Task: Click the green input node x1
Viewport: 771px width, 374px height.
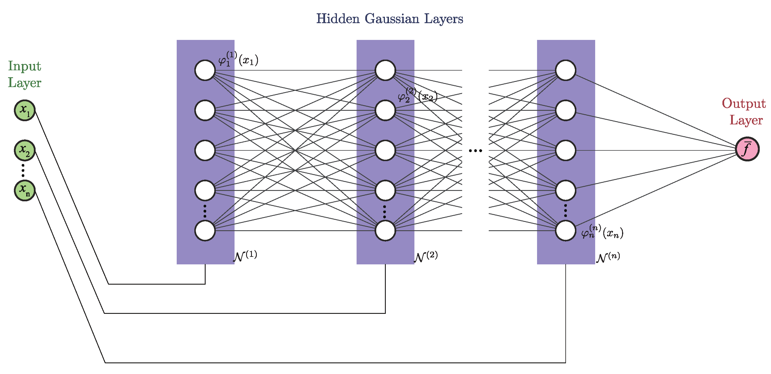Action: tap(25, 110)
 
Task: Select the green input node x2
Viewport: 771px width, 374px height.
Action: tap(25, 150)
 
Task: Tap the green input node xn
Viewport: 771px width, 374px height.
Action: tap(25, 190)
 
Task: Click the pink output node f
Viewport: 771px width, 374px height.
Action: tap(747, 149)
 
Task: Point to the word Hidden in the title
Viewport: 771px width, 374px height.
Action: tap(337, 19)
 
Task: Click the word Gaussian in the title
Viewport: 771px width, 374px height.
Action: tap(392, 19)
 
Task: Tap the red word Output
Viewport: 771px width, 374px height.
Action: tap(744, 104)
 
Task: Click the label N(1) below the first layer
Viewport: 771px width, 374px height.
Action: tap(245, 256)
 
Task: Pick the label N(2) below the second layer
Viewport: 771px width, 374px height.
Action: tap(426, 257)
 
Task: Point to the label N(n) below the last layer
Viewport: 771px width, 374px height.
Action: tap(608, 257)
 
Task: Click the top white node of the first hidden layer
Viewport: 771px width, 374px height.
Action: tap(205, 70)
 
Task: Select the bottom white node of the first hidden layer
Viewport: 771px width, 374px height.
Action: tap(205, 231)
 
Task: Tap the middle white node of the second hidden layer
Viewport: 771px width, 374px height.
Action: tap(385, 150)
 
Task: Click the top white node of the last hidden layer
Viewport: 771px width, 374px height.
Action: tap(565, 70)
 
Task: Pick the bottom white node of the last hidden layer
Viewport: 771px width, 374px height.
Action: tap(565, 231)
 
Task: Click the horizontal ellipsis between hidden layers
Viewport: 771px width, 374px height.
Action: tap(475, 151)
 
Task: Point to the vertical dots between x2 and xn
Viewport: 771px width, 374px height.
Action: tap(23, 170)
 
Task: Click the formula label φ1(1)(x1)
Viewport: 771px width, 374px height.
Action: tap(238, 59)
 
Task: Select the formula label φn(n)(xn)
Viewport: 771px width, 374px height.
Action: tap(602, 232)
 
